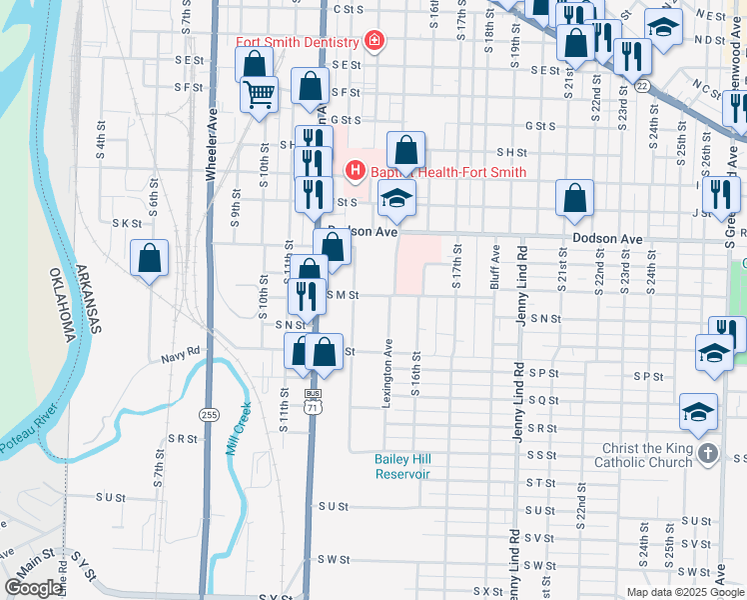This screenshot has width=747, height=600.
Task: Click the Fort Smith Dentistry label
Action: [x=297, y=42]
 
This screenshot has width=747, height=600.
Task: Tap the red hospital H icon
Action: [x=354, y=171]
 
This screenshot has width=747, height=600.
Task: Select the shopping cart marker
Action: [x=260, y=94]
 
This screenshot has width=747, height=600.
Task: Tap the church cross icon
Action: [x=707, y=454]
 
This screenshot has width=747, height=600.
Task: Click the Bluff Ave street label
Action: [x=495, y=268]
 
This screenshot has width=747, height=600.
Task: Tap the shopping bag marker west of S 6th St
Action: [x=150, y=259]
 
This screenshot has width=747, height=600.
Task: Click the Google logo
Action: [x=33, y=588]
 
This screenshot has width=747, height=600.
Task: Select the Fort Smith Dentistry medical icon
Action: [x=374, y=41]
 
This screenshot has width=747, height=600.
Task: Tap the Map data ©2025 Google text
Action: [x=684, y=591]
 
